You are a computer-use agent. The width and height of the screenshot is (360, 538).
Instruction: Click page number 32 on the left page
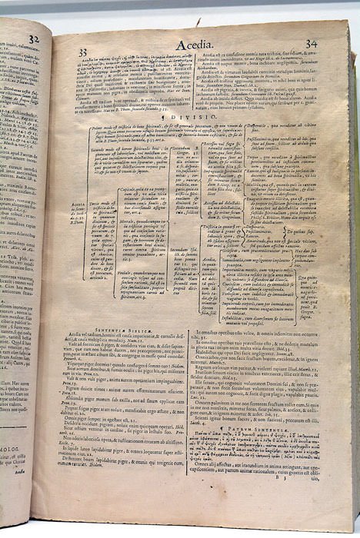[x=33, y=38]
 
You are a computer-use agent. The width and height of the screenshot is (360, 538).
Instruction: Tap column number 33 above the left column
[x=83, y=51]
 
